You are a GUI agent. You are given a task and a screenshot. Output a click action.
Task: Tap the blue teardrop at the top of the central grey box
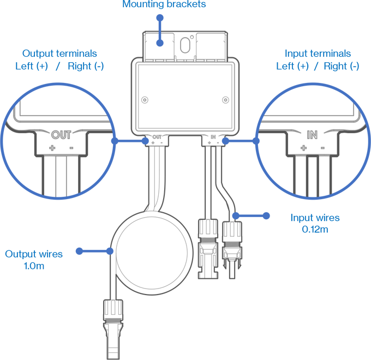click(x=160, y=43)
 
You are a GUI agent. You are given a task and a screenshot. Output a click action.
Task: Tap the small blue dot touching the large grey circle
click(x=113, y=251)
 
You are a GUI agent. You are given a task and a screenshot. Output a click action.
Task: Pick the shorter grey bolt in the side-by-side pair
click(x=232, y=240)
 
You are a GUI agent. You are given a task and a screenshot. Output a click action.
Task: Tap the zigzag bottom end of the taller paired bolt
click(x=207, y=274)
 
